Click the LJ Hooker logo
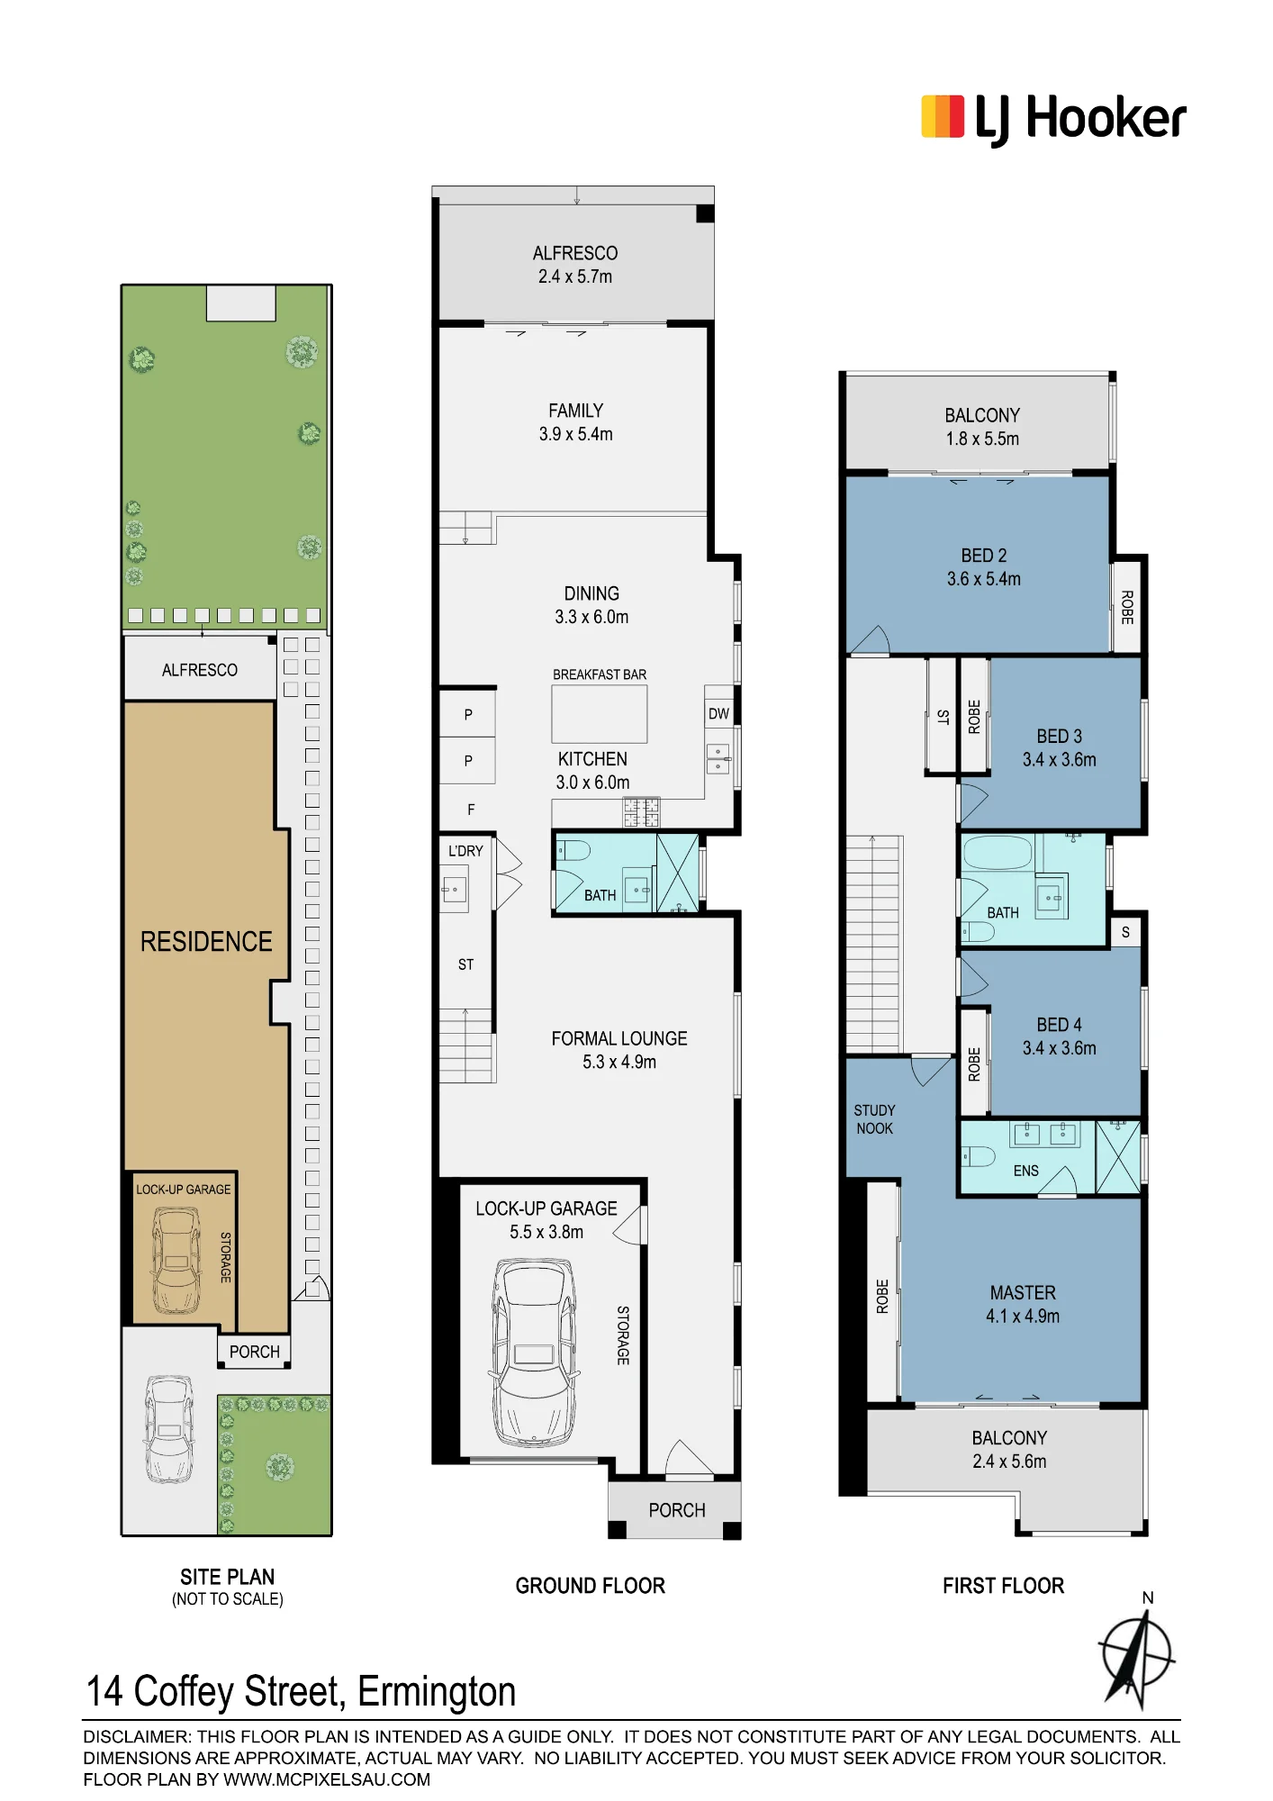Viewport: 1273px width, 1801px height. (x=1053, y=120)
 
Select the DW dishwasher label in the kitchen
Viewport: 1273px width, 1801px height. (x=718, y=714)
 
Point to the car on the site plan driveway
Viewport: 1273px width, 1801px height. (x=169, y=1429)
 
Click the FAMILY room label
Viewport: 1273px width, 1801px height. (x=576, y=411)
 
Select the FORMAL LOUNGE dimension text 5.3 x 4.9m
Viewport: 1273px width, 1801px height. (x=619, y=1063)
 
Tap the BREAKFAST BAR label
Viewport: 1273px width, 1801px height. (x=600, y=674)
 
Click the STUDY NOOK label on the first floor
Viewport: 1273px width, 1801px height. (x=875, y=1119)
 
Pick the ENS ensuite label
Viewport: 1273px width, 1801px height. (x=1026, y=1171)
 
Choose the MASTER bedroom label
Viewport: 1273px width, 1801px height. (x=1023, y=1293)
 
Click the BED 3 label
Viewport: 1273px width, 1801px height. (x=1060, y=737)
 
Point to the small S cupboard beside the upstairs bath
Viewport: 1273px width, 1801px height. (x=1125, y=932)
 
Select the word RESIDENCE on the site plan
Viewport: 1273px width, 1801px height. (x=206, y=942)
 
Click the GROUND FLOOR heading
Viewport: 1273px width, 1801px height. (x=591, y=1586)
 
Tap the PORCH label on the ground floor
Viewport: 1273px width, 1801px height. (x=677, y=1510)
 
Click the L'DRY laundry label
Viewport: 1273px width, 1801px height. (x=465, y=851)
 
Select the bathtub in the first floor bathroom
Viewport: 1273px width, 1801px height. (x=998, y=853)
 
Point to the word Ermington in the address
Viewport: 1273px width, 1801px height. (x=437, y=1692)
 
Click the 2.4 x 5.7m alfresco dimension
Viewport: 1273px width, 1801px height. (x=575, y=277)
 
